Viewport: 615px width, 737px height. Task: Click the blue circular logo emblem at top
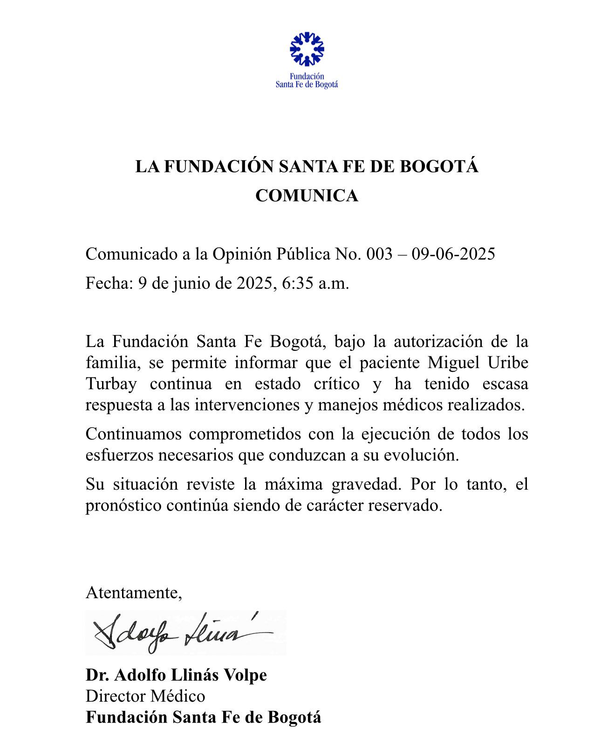[x=307, y=49]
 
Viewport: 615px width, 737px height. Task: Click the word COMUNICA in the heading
[x=307, y=196]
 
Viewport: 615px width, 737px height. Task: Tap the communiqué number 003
[x=380, y=254]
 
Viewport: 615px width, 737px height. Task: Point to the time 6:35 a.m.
[x=315, y=283]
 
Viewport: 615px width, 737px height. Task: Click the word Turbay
[x=111, y=384]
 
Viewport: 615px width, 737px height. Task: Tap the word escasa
[x=506, y=384]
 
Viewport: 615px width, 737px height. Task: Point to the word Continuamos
[x=132, y=434]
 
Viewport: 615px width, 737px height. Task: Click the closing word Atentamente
[x=133, y=593]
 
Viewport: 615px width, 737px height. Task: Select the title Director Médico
[x=145, y=696]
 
